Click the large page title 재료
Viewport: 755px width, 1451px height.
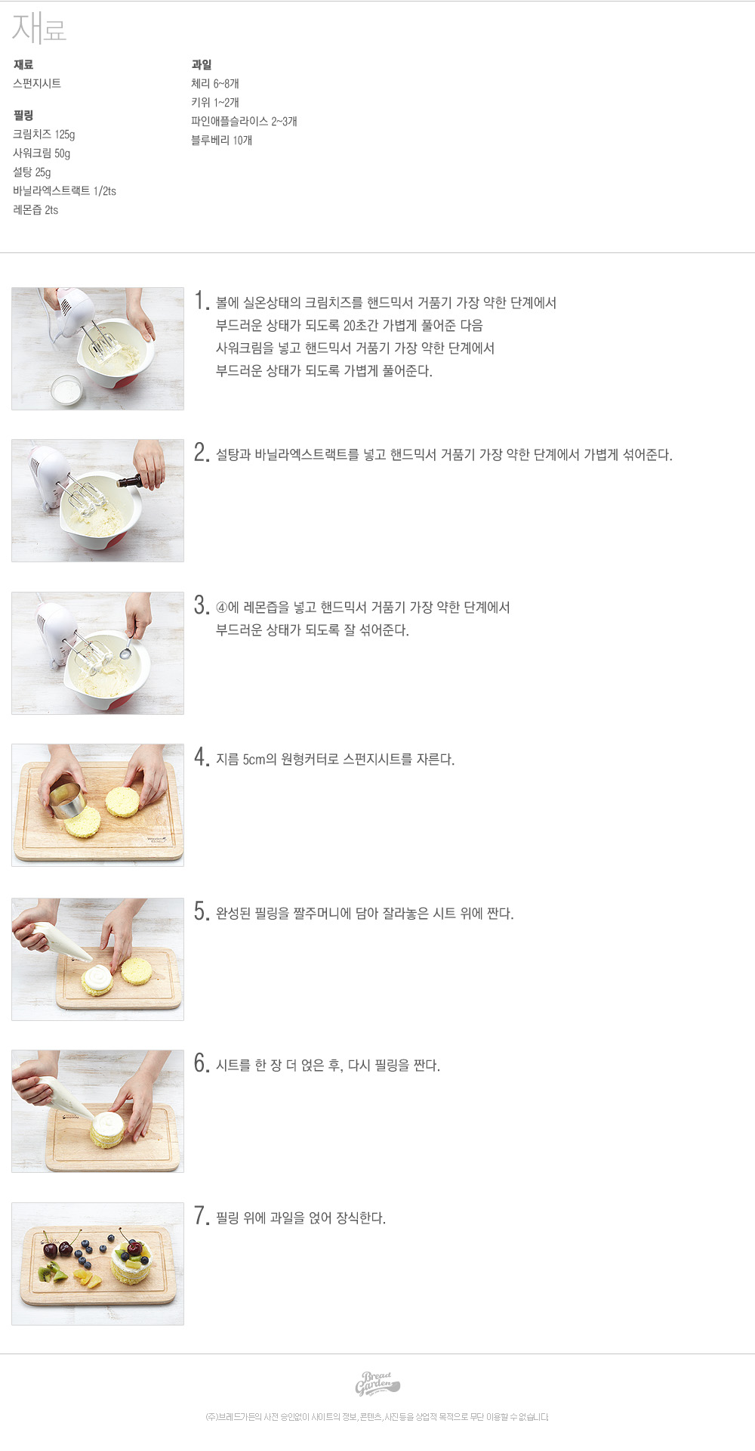tap(39, 29)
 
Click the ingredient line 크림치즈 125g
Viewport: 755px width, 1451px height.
tap(44, 135)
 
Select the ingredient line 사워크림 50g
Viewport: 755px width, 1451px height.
tap(42, 153)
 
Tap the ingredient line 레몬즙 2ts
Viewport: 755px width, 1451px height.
tap(35, 210)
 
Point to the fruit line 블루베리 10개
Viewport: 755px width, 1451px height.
tap(221, 141)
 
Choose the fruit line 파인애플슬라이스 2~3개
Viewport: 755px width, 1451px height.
tap(244, 122)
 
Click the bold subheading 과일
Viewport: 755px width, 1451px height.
tap(201, 65)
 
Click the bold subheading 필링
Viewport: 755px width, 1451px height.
tap(23, 116)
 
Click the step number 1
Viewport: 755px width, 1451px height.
tap(201, 301)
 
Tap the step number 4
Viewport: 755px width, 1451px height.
tap(201, 757)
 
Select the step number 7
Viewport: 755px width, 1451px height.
tap(201, 1216)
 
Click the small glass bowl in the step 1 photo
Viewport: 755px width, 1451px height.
tap(67, 391)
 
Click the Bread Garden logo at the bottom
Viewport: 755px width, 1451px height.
tap(377, 1383)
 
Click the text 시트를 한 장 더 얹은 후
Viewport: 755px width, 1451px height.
tap(279, 1066)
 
